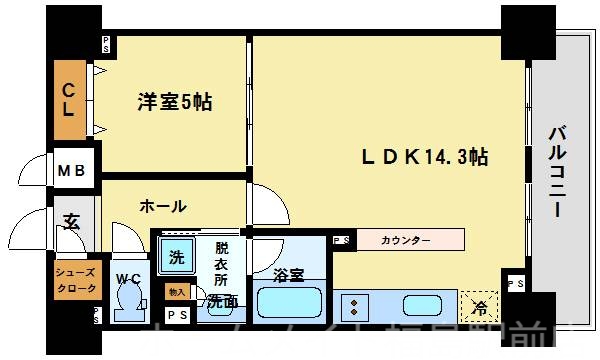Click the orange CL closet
click(68, 101)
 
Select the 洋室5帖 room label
click(174, 102)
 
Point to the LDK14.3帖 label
click(424, 157)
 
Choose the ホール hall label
click(162, 207)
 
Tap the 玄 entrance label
click(72, 223)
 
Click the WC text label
click(127, 278)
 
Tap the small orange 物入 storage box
click(177, 292)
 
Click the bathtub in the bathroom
click(289, 304)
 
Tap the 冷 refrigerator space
click(478, 304)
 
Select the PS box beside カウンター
click(342, 240)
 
